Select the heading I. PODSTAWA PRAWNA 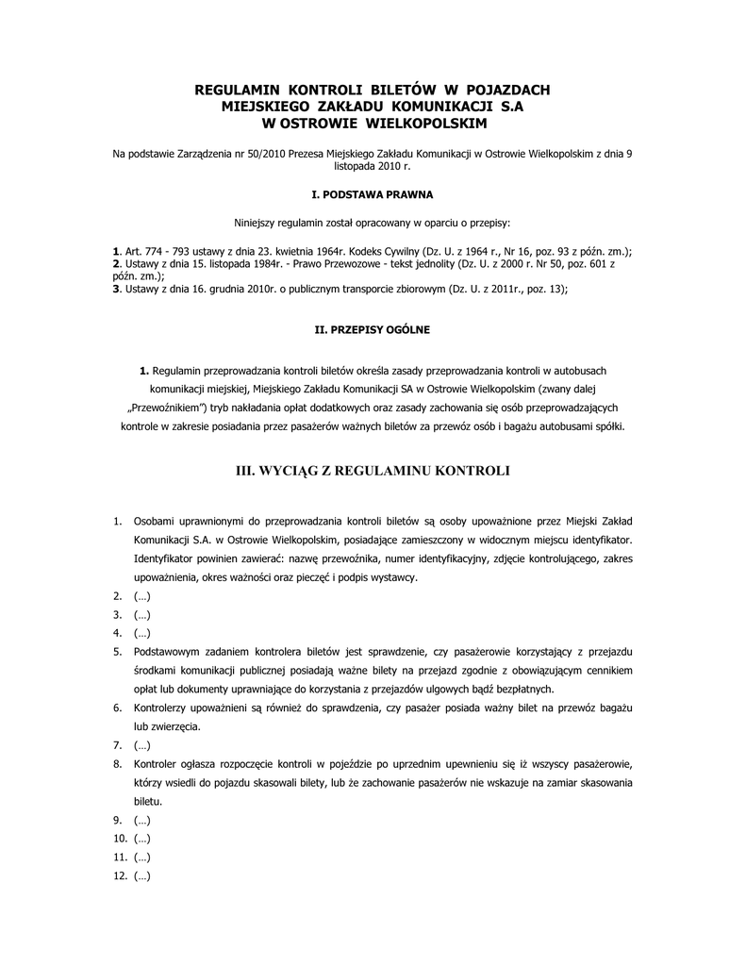[373, 194]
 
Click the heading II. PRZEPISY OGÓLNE [373, 330]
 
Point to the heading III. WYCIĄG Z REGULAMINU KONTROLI [373, 472]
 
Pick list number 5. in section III [117, 651]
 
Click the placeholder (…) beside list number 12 [142, 875]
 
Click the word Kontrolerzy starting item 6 [163, 707]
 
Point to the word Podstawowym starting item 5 [168, 651]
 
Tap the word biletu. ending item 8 [148, 800]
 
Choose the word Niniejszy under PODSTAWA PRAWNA [257, 223]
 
